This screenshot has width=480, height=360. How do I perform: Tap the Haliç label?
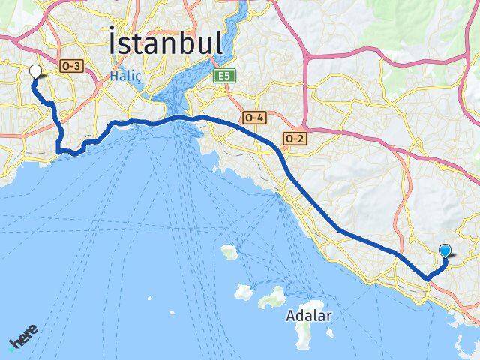tap(123, 76)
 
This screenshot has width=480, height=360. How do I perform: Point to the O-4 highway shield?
tap(253, 117)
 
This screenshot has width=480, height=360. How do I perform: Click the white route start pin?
tap(34, 73)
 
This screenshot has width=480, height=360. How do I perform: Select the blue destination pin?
tap(445, 252)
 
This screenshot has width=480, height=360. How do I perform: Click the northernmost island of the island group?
tap(229, 252)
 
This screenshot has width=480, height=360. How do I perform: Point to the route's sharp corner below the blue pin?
tap(427, 278)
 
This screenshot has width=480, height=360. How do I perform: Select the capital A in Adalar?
tap(291, 316)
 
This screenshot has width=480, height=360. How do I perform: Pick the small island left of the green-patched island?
tap(244, 289)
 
